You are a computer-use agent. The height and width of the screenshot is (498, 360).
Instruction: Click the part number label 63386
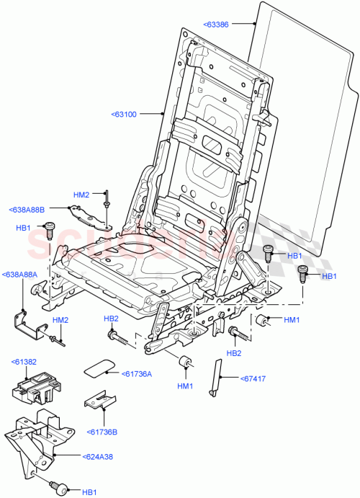pos(219,24)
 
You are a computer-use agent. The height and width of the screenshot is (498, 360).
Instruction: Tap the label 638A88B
pos(27,210)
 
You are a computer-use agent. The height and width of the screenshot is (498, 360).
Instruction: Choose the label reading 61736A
pos(137,373)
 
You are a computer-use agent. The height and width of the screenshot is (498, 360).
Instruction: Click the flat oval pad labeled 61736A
pos(99,367)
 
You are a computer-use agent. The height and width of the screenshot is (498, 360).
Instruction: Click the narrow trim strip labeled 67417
pos(215,375)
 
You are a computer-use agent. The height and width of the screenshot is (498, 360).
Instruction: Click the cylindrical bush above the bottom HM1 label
pos(184,363)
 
